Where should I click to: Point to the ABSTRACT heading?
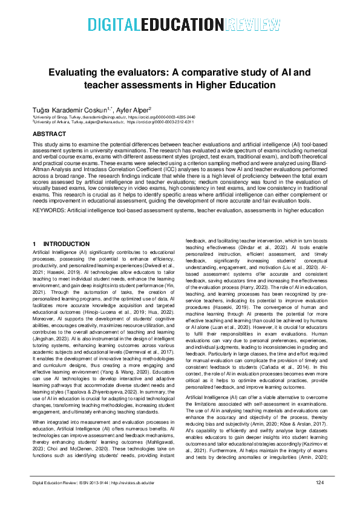click(x=50, y=133)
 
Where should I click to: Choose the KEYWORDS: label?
click(x=49, y=210)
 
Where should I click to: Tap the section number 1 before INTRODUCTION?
click(x=34, y=244)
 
